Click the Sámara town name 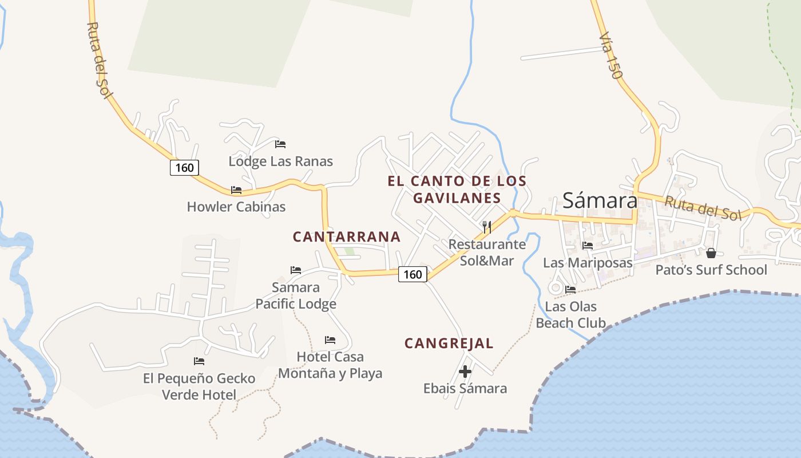pos(600,200)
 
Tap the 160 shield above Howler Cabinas pos(184,167)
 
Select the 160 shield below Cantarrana pos(413,274)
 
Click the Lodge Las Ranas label pos(280,161)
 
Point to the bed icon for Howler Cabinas pos(236,190)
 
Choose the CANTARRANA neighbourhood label pos(346,236)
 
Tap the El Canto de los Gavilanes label pos(457,189)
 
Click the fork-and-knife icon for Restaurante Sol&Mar pos(487,227)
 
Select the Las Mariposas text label pos(588,263)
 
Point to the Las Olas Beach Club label pos(570,314)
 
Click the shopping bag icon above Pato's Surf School pos(711,252)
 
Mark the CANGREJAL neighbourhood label pos(449,343)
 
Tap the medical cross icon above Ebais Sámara pos(465,372)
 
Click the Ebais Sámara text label pos(465,389)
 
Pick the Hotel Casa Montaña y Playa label pos(330,365)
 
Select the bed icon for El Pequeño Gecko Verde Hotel pos(199,361)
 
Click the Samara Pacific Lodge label pos(296,295)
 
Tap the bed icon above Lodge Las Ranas pos(280,144)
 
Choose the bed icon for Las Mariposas pos(588,246)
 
